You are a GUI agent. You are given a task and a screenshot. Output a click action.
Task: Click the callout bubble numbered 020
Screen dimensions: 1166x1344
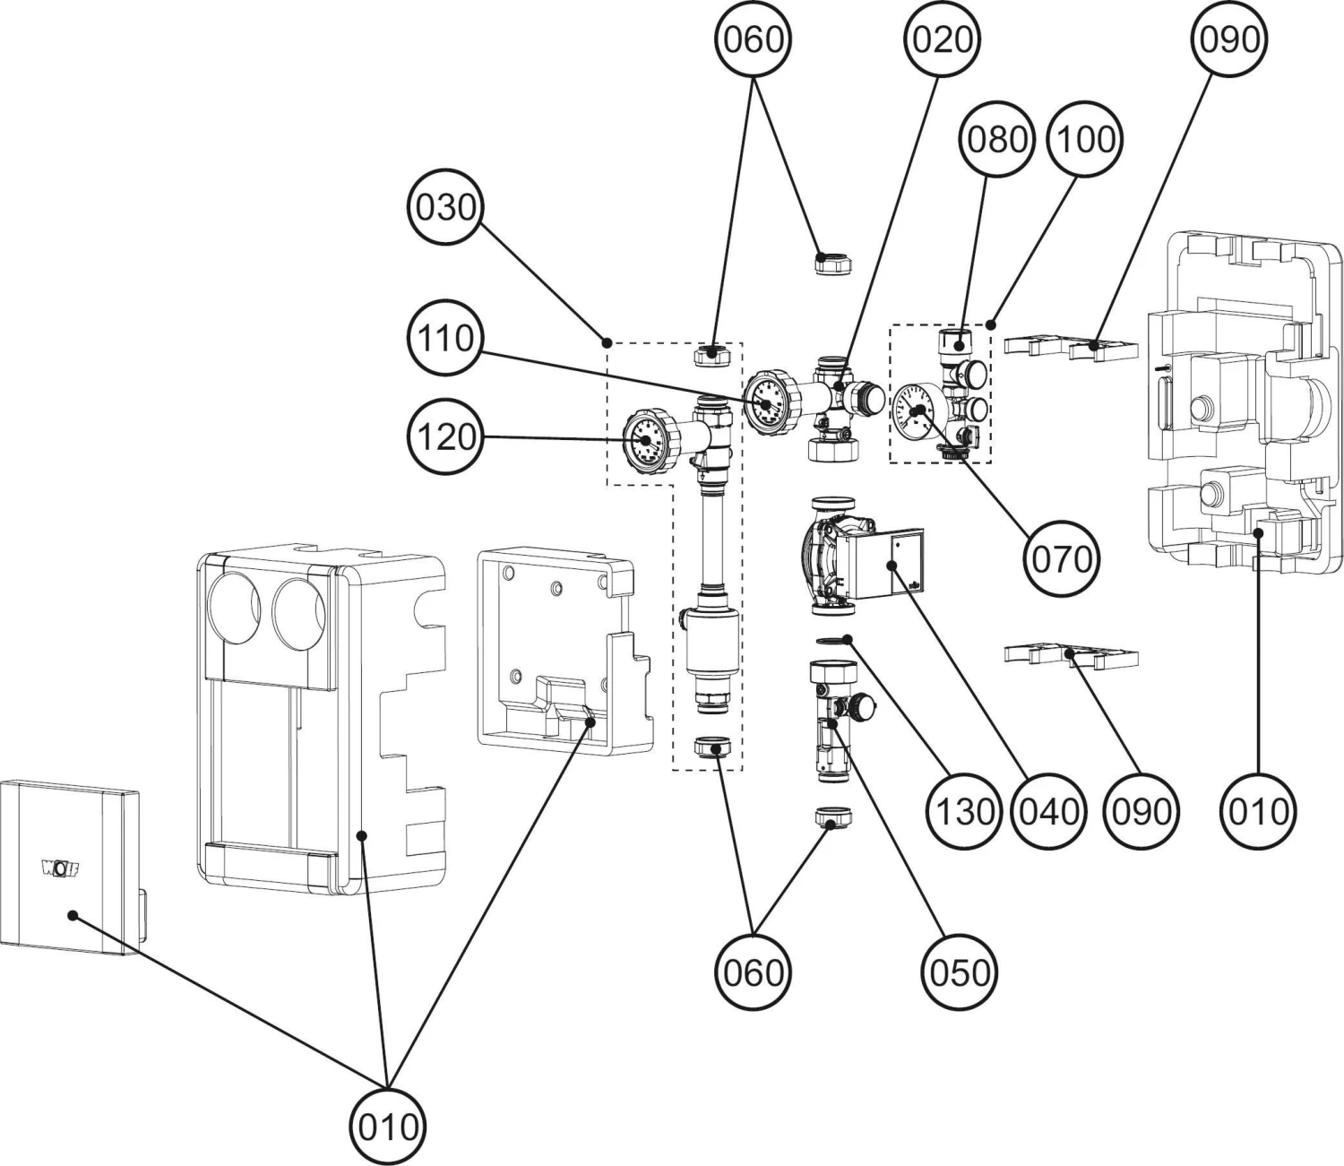(942, 39)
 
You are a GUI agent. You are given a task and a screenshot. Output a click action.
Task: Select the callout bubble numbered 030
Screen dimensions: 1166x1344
(445, 208)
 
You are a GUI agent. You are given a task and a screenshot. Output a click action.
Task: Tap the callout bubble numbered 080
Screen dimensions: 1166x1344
(997, 139)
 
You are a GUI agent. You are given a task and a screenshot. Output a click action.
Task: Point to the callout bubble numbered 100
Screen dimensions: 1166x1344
(1086, 139)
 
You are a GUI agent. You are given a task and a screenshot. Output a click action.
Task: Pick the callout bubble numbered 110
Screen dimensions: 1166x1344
(445, 339)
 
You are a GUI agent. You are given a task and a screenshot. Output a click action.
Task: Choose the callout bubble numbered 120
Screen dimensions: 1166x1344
(445, 437)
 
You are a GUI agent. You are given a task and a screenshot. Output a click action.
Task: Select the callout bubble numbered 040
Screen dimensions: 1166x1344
(1048, 811)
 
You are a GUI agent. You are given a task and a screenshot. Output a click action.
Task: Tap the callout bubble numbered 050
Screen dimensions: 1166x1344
(959, 972)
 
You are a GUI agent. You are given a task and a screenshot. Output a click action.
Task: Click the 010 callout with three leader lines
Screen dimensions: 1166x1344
(388, 1126)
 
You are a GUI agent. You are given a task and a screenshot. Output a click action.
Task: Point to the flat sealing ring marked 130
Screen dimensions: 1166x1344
(833, 638)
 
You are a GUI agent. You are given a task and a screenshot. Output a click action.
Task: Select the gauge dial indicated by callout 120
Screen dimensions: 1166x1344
(645, 439)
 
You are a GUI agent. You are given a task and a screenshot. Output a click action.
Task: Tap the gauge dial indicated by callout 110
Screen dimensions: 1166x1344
(767, 402)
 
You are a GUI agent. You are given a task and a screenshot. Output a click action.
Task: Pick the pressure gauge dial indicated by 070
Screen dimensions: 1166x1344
(915, 413)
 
